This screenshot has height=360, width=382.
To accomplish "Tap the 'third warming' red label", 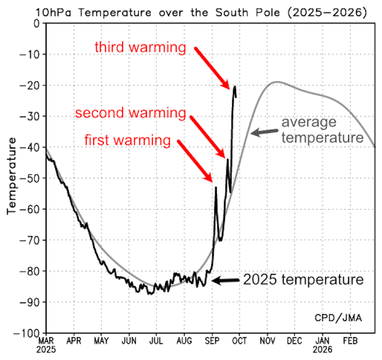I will click(141, 48).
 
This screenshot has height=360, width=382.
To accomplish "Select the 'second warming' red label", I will click(130, 113).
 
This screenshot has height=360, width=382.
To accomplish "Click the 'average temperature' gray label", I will click(322, 130).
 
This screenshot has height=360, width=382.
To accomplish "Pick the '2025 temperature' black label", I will click(303, 279).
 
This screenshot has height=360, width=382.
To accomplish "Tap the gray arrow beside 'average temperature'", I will click(263, 133).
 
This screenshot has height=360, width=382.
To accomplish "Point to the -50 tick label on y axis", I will click(31, 178).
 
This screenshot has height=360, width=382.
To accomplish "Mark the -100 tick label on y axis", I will click(28, 333).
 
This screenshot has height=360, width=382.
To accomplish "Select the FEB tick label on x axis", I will click(350, 341).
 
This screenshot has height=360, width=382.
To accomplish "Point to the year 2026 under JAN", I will click(322, 349).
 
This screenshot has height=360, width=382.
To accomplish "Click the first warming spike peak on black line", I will click(216, 187).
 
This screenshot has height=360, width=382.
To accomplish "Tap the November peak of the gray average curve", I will click(277, 82).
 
